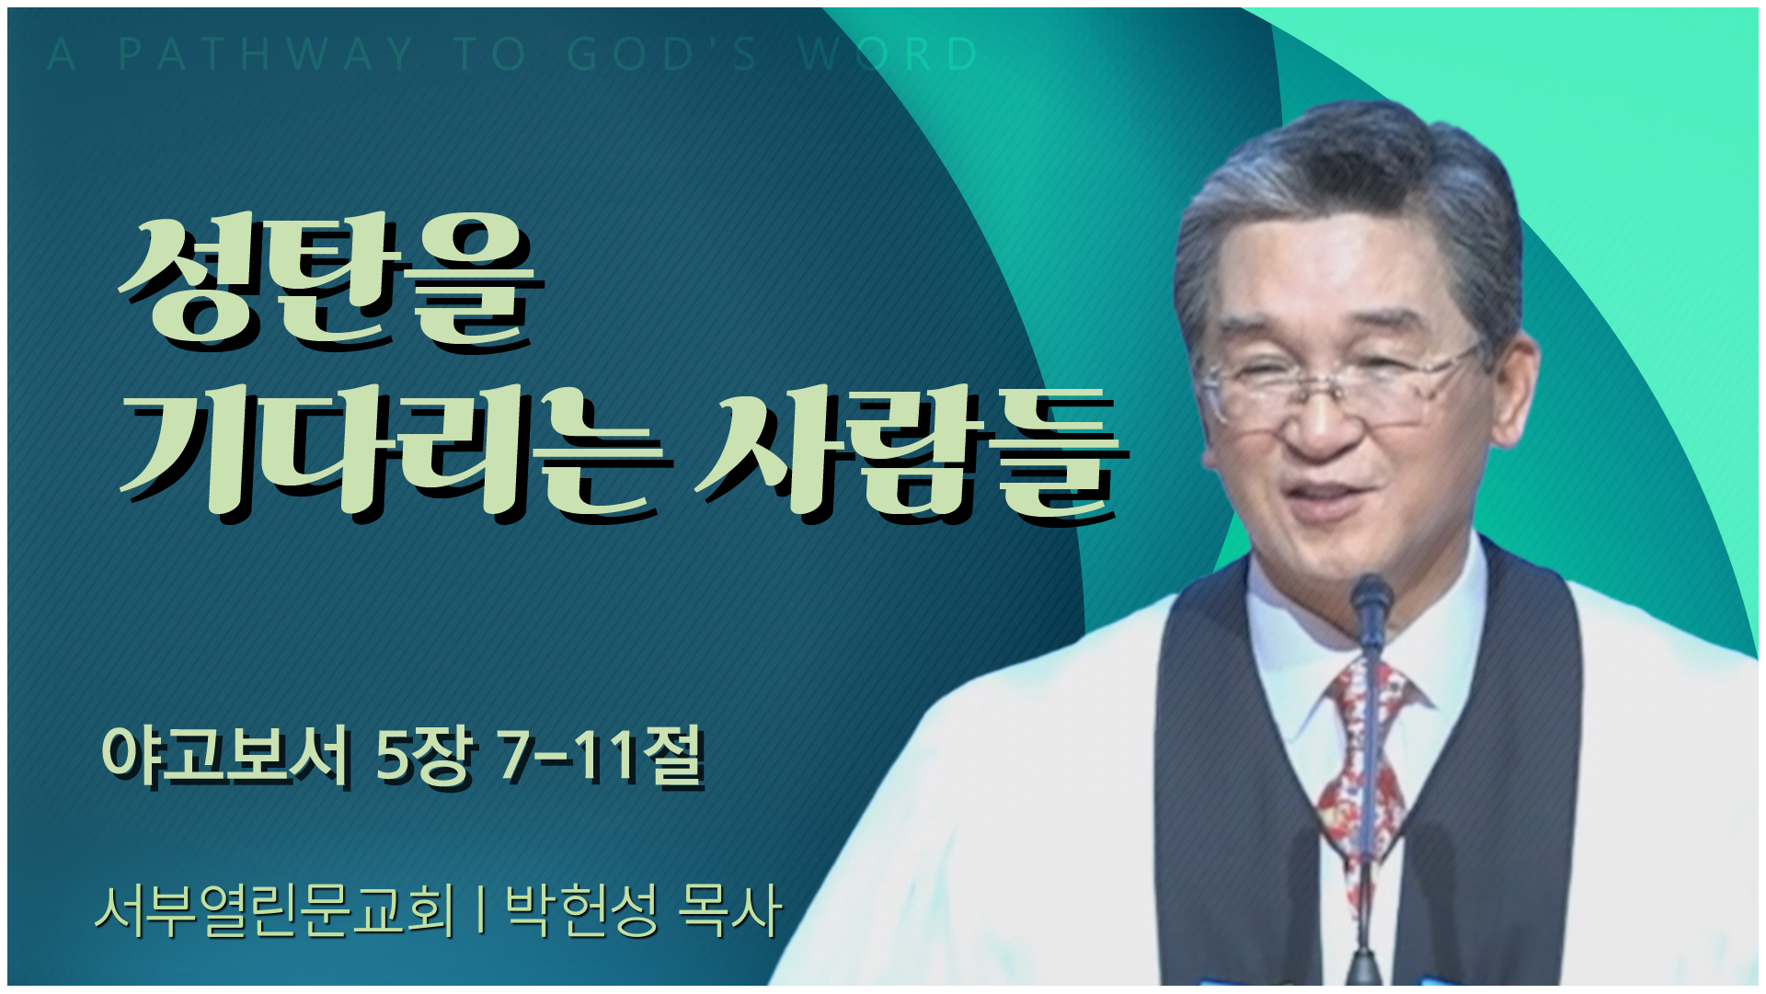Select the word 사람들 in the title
911,452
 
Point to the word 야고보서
226,756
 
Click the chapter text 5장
424,756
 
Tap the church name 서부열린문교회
275,910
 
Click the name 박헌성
582,910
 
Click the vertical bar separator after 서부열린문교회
481,910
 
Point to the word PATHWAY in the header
267,54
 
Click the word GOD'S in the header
662,54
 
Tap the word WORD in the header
889,54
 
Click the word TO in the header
491,54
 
